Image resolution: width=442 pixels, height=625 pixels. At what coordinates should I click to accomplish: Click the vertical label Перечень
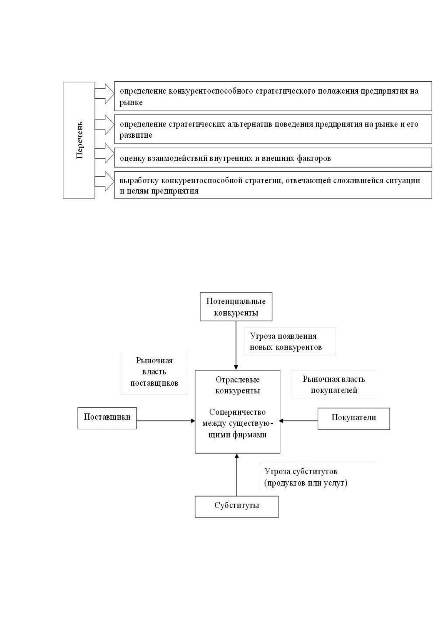coord(80,140)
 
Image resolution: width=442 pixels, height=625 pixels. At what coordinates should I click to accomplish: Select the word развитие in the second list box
coord(136,135)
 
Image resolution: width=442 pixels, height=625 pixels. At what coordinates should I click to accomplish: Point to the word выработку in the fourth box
coord(139,181)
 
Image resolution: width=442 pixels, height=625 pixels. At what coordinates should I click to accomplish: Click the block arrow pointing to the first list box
coord(105,94)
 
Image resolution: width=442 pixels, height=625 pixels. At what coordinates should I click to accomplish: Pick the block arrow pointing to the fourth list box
coord(105,181)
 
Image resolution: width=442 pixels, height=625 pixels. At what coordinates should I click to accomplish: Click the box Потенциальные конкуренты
coord(236,307)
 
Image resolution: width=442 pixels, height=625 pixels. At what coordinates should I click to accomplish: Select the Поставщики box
coord(107,418)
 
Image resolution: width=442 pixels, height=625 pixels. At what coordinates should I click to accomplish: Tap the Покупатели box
coord(354,419)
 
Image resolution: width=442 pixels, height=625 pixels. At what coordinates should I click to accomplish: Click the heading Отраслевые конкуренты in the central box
coord(238,385)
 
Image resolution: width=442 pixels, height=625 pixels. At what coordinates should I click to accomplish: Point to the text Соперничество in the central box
coord(238,412)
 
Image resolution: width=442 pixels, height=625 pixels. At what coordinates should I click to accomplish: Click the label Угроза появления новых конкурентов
coord(286,341)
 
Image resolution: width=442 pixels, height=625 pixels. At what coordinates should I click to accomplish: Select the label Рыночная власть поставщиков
coord(154,372)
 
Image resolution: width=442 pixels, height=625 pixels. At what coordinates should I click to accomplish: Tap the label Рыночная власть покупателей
coord(334,385)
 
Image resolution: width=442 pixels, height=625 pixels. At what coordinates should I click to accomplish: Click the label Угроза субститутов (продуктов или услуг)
coord(306,477)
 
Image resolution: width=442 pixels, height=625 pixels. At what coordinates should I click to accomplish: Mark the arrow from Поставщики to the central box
coord(166,421)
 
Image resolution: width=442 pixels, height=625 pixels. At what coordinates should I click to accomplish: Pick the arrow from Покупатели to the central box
coord(298,421)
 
